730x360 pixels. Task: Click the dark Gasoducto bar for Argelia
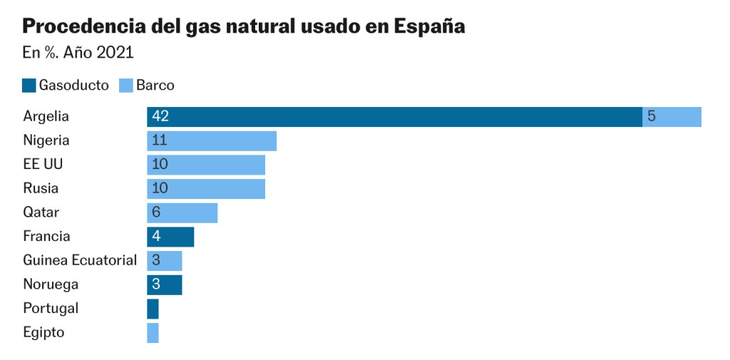pyautogui.click(x=394, y=117)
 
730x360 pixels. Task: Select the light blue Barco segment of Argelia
pyautogui.click(x=672, y=117)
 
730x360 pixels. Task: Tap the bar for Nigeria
pyautogui.click(x=212, y=141)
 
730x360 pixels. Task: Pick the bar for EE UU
pyautogui.click(x=206, y=165)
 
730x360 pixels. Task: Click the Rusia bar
pyautogui.click(x=206, y=189)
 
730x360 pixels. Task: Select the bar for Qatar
pyautogui.click(x=182, y=212)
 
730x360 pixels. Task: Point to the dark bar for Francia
pyautogui.click(x=170, y=237)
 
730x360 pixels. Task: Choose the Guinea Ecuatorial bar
pyautogui.click(x=165, y=261)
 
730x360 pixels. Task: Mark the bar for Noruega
pyautogui.click(x=165, y=284)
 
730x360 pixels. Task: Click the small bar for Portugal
pyautogui.click(x=153, y=309)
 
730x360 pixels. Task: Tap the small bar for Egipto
pyautogui.click(x=153, y=333)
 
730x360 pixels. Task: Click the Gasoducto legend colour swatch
pyautogui.click(x=29, y=86)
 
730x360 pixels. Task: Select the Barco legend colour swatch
pyautogui.click(x=126, y=86)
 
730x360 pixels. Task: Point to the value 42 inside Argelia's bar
pyautogui.click(x=160, y=117)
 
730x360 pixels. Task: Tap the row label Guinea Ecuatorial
pyautogui.click(x=80, y=260)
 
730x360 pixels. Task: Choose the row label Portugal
pyautogui.click(x=51, y=309)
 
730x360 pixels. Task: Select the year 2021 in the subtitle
pyautogui.click(x=114, y=53)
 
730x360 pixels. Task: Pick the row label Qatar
pyautogui.click(x=41, y=212)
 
